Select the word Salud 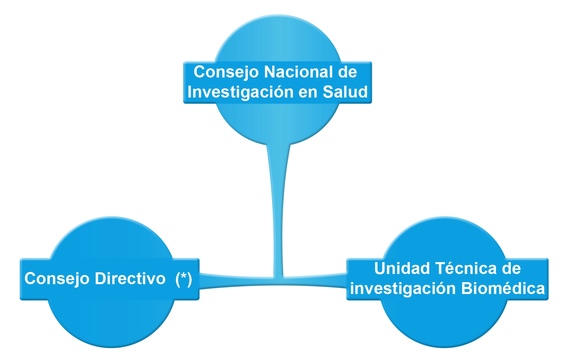coord(345,92)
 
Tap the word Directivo coord(130,278)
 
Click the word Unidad coord(402,268)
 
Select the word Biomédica coord(503,288)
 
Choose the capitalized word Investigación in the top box coord(240,92)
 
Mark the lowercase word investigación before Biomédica coord(403,289)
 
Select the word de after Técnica coord(512,268)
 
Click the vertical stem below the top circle coord(278,211)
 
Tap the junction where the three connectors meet coord(278,281)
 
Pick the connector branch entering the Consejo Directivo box coord(236,281)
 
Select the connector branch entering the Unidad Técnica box coord(315,281)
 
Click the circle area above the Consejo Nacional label coord(278,38)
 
